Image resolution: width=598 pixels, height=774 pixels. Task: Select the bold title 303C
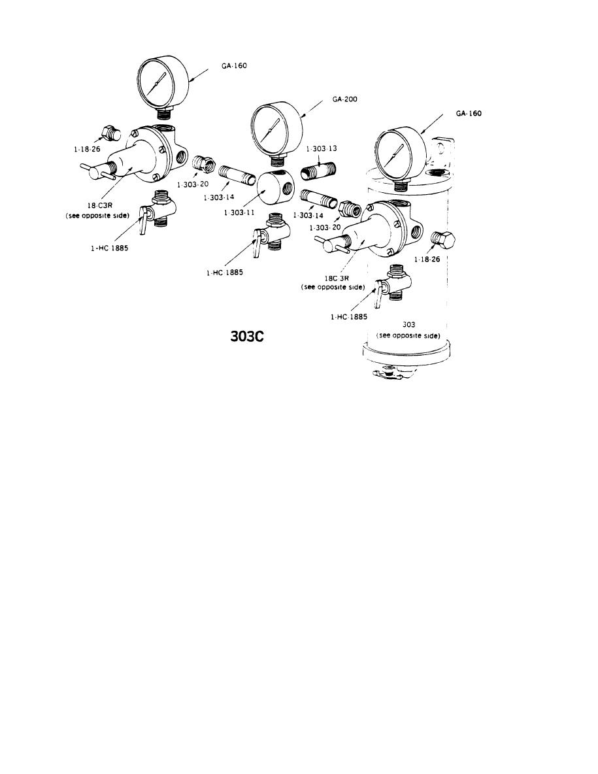247,337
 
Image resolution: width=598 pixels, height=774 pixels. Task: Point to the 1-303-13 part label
321,149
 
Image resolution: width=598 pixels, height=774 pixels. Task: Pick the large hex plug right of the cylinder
446,241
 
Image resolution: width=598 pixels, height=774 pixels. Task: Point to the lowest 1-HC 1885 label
348,316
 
